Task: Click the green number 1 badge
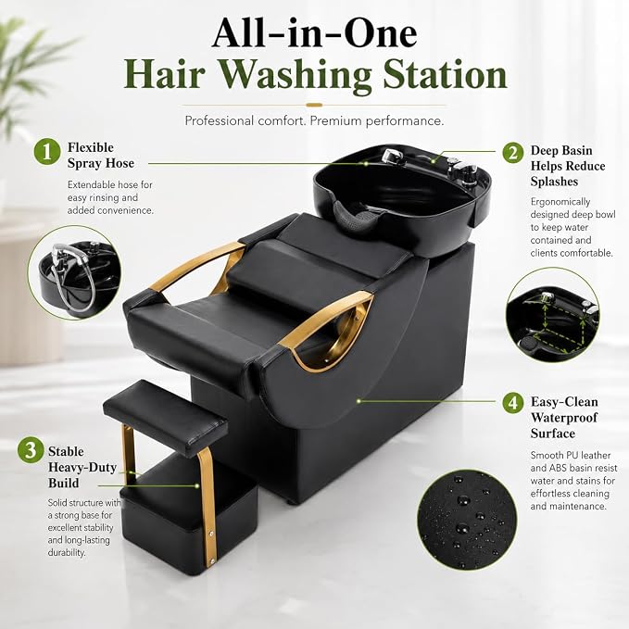(x=47, y=152)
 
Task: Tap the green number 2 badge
(x=513, y=153)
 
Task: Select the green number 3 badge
(x=31, y=449)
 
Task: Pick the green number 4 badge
(x=513, y=402)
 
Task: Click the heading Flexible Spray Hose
(x=101, y=156)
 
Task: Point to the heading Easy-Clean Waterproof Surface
(x=564, y=418)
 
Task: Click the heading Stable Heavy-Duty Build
(x=82, y=467)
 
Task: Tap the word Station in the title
(x=446, y=75)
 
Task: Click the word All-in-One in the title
(x=315, y=33)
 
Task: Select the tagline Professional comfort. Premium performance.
(x=314, y=120)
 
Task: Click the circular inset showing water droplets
(x=467, y=520)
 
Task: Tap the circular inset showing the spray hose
(x=75, y=272)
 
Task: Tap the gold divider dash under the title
(x=314, y=105)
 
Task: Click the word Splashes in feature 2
(x=554, y=182)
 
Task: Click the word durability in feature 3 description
(x=67, y=552)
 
